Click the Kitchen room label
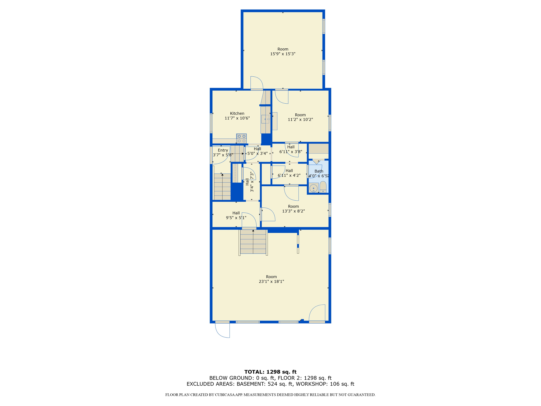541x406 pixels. pos(237,113)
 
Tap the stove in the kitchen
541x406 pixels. pos(241,139)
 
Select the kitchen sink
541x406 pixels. pos(265,119)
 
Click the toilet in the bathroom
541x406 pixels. pos(323,187)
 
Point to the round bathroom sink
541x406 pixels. pos(314,188)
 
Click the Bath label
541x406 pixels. pos(319,171)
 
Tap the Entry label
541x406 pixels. pos(223,150)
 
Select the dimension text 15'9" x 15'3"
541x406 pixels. pos(283,54)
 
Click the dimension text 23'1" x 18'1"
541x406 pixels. pos(271,282)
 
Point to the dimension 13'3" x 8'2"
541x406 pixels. pos(293,211)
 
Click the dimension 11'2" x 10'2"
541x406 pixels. pos(300,119)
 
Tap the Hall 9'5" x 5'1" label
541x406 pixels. pos(236,215)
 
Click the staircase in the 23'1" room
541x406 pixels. pos(253,242)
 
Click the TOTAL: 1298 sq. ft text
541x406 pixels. pos(270,372)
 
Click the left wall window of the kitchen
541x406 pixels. pos(211,123)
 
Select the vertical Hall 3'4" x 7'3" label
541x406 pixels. pos(250,182)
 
